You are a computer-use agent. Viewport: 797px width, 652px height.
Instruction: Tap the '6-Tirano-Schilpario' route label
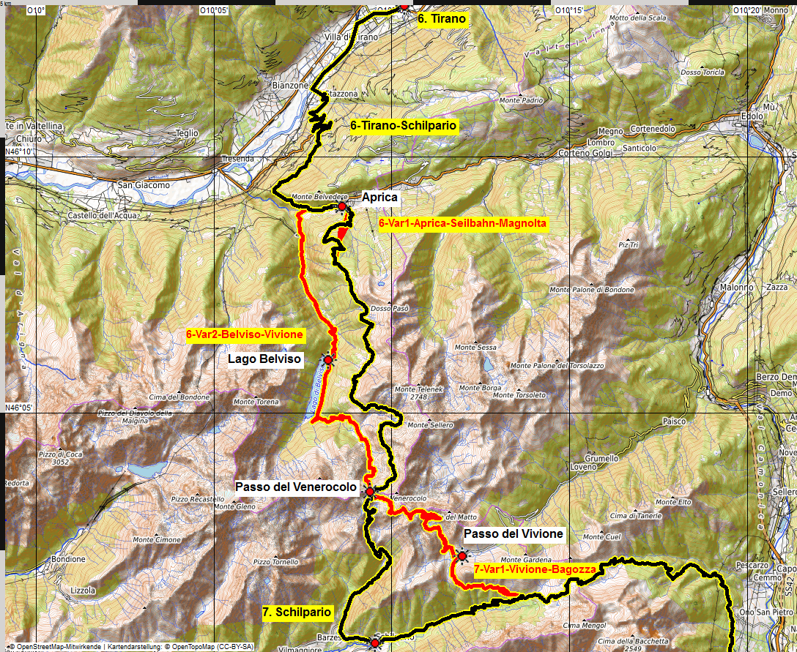pos(404,126)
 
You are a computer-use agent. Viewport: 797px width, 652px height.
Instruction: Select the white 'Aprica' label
pos(379,198)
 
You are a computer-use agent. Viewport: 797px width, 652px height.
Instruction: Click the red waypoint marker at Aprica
pos(342,207)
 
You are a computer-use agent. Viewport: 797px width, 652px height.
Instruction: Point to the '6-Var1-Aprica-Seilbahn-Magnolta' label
pos(463,223)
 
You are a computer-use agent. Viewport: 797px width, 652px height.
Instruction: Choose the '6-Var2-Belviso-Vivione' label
pos(245,334)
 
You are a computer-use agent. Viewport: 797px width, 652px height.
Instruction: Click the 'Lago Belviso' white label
pos(264,359)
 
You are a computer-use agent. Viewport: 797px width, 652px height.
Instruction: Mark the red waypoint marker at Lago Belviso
pos(328,360)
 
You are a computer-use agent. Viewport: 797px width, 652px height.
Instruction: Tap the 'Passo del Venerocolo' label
pos(296,487)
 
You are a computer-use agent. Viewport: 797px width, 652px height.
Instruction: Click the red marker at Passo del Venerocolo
pos(370,492)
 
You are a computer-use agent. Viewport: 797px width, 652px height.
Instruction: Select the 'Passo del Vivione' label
pos(514,534)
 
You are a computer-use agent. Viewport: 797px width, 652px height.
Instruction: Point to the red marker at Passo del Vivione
pos(462,557)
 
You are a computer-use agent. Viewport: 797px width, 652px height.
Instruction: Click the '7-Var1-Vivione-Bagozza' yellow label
pos(535,569)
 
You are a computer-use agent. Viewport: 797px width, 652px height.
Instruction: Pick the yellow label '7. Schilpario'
pos(297,612)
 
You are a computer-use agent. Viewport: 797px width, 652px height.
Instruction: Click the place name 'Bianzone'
pos(290,86)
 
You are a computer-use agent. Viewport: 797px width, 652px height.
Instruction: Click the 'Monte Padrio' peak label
pos(522,100)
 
